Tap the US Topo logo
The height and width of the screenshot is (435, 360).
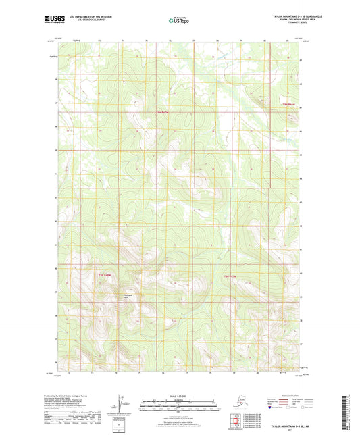tap(179, 21)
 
